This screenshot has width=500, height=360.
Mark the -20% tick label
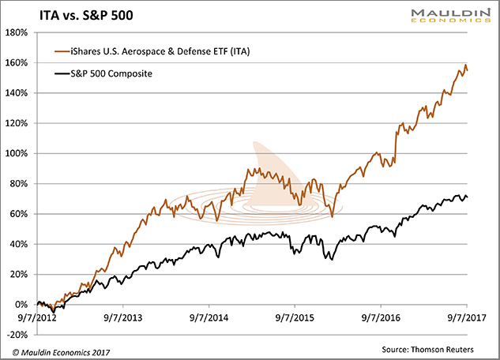[16, 335]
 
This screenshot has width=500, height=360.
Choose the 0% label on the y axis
[21, 305]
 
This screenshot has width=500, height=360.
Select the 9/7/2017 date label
[466, 319]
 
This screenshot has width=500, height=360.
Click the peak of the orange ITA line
[465, 65]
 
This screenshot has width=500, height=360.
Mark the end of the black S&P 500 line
[467, 197]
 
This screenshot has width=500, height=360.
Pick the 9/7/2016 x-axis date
[380, 319]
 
